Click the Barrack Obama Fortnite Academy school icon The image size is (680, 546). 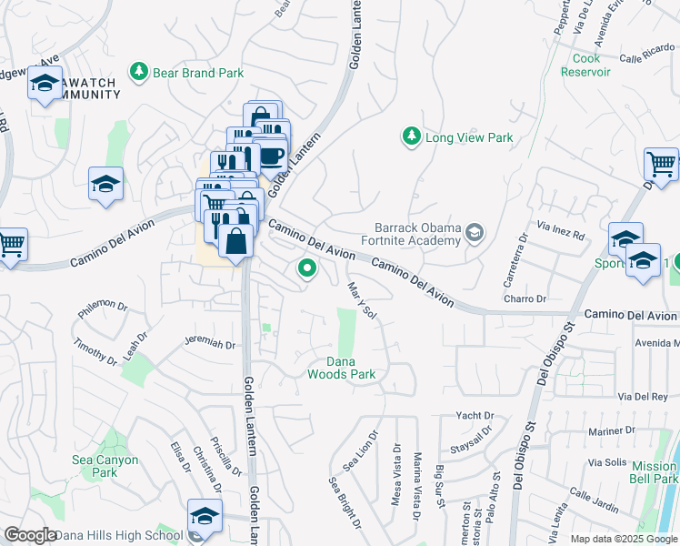pyautogui.click(x=474, y=234)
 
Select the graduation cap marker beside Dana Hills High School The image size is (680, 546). pyautogui.click(x=205, y=514)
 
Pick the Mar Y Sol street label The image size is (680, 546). pyautogui.click(x=363, y=299)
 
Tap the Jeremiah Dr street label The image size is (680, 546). pyautogui.click(x=209, y=345)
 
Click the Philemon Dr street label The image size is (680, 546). pyautogui.click(x=104, y=310)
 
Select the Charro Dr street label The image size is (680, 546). pyautogui.click(x=524, y=298)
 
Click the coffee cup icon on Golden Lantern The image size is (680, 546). pyautogui.click(x=271, y=155)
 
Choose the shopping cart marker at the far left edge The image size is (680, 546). pyautogui.click(x=10, y=243)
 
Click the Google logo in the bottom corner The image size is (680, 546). pyautogui.click(x=30, y=535)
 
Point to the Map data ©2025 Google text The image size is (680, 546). pyautogui.click(x=623, y=539)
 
